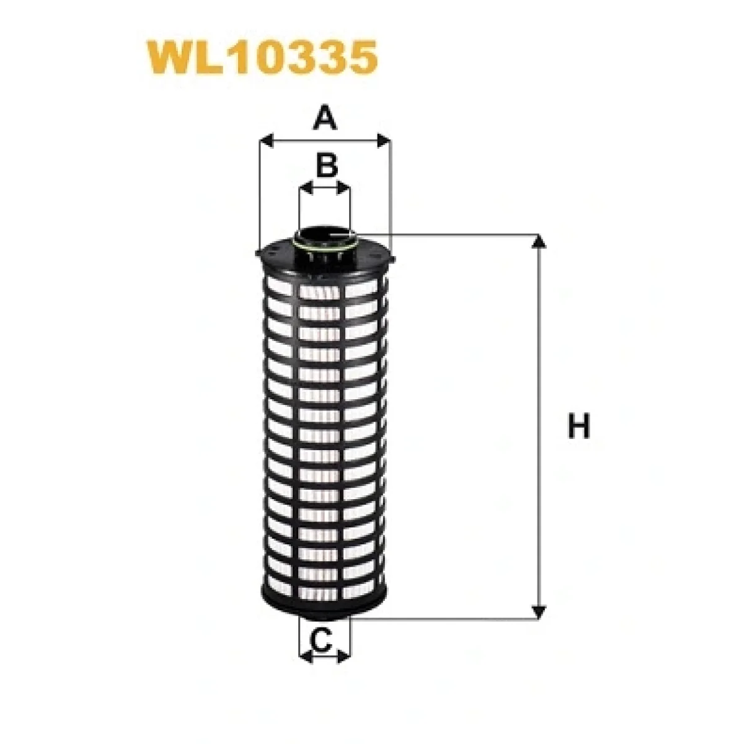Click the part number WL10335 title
click(x=262, y=57)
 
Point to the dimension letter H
click(x=578, y=425)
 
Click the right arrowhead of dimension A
click(x=383, y=141)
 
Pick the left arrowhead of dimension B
click(x=306, y=188)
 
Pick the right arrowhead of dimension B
click(x=343, y=188)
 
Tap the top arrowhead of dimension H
click(x=539, y=241)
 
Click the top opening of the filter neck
click(x=324, y=235)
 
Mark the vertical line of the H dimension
click(x=539, y=427)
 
